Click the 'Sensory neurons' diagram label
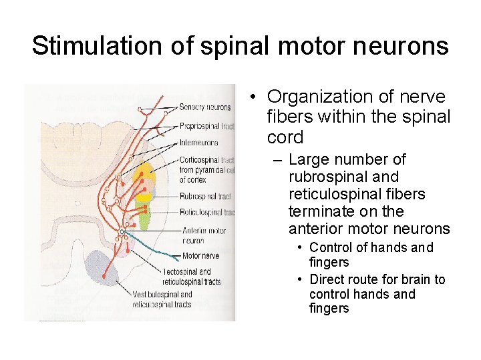tap(205, 107)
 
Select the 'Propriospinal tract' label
tap(207, 125)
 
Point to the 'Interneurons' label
tap(199, 143)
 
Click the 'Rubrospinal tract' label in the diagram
tap(205, 196)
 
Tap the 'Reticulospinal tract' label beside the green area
tap(207, 213)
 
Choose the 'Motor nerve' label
tap(200, 255)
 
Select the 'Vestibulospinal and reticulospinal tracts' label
tap(162, 299)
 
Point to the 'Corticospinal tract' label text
tap(206, 160)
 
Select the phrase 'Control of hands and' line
tap(371, 248)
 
